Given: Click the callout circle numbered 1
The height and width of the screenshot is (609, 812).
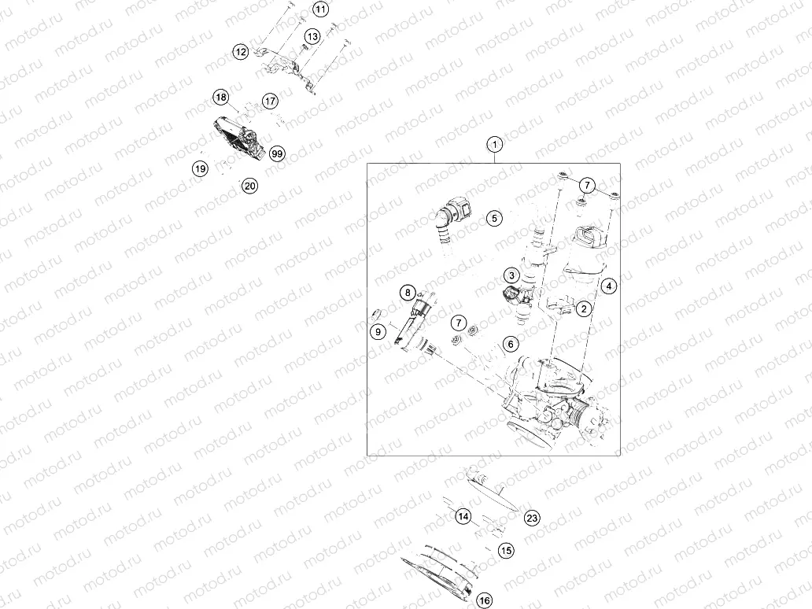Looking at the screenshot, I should [494, 145].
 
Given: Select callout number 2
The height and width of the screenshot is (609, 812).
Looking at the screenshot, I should [583, 308].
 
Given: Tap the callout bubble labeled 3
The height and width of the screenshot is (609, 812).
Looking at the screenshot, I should [511, 275].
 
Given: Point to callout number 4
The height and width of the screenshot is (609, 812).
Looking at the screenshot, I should [609, 286].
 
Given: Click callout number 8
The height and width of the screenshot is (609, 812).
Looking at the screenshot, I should [408, 293].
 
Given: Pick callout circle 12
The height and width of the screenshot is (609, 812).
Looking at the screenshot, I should [241, 52].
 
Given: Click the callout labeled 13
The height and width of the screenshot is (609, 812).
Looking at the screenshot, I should [312, 36].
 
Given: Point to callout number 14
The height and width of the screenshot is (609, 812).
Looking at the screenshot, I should [463, 516].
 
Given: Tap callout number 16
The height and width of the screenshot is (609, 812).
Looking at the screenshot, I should [484, 600].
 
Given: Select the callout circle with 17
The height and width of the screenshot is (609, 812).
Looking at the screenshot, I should [270, 101].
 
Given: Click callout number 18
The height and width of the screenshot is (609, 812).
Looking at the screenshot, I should [221, 98].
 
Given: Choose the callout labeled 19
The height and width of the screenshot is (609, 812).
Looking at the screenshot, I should [201, 168].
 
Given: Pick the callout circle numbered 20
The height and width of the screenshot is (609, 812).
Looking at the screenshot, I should [249, 186].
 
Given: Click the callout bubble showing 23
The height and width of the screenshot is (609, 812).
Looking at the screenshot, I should [533, 517].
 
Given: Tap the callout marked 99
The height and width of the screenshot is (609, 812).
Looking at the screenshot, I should [276, 153].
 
